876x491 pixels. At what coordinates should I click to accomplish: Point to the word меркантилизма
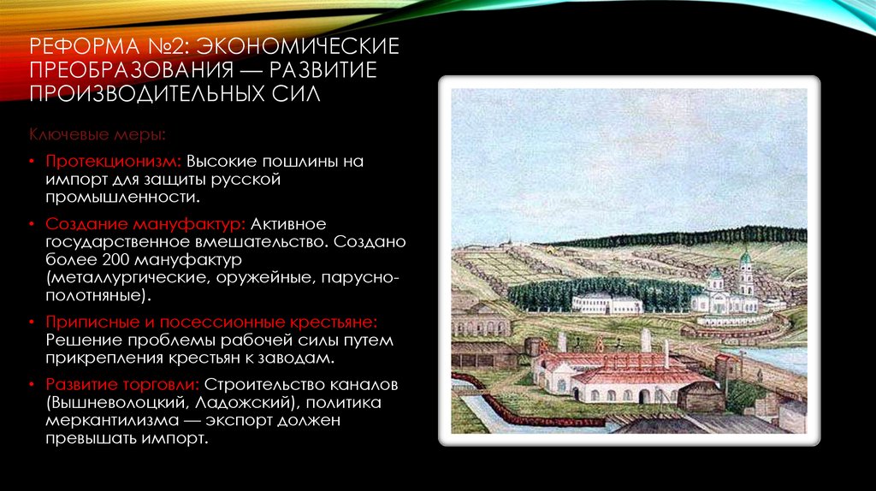[102, 421]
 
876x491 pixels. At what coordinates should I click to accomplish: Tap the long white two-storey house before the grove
[607, 304]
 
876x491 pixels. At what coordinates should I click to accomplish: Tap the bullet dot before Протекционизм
[31, 162]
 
